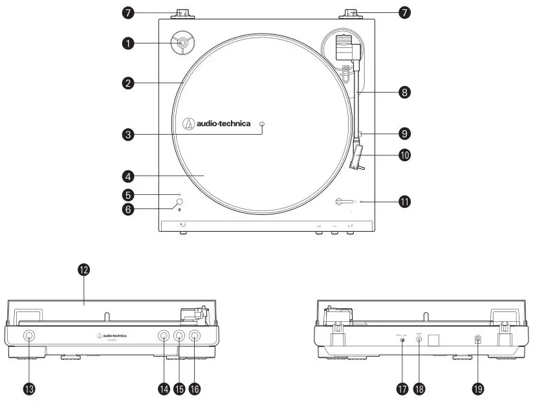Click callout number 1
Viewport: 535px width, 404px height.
129,43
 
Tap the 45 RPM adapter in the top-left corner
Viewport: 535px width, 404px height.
182,43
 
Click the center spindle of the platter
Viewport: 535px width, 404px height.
262,124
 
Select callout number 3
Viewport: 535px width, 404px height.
129,135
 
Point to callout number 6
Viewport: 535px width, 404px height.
129,209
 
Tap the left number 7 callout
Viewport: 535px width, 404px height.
129,12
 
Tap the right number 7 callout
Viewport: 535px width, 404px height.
405,12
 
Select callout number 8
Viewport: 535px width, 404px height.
405,93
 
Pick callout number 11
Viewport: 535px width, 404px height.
405,202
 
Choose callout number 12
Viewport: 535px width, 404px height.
83,270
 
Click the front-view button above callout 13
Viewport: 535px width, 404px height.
30,336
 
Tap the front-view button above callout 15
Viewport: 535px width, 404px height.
179,336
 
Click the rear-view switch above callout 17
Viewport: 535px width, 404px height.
402,340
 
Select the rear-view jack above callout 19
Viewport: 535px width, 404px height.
478,339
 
